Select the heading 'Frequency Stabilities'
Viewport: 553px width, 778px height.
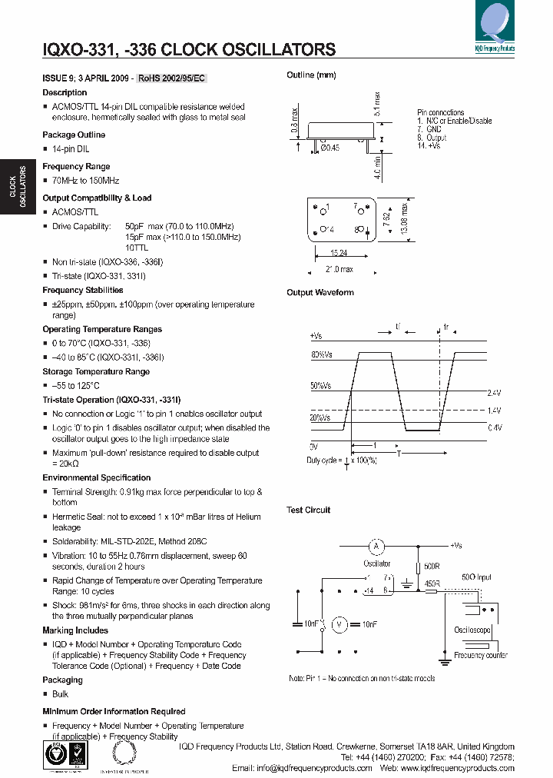(x=82, y=290)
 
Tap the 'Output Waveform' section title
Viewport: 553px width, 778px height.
(x=320, y=292)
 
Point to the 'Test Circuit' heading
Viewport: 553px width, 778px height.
(x=308, y=510)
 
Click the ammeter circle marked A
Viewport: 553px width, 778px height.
(x=376, y=547)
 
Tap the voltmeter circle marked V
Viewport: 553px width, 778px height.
(x=338, y=623)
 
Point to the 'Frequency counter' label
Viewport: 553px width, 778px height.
(x=480, y=655)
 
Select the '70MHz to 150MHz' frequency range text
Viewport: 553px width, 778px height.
(x=85, y=180)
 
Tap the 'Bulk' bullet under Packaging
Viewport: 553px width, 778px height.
(x=60, y=693)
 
